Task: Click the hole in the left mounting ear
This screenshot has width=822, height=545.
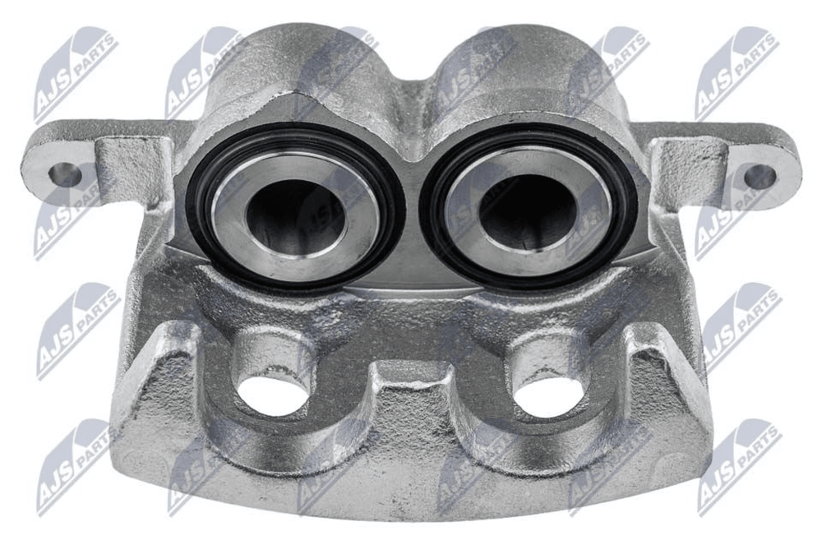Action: tap(65, 174)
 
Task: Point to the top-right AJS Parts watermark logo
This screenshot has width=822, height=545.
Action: tap(736, 72)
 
